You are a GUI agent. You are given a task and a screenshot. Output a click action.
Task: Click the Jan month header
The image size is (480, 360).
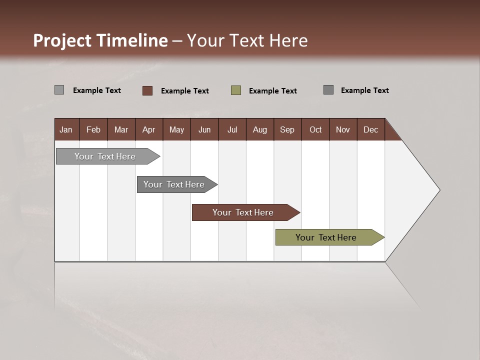tap(66, 129)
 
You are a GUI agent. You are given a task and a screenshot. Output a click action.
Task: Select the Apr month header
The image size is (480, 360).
tap(149, 129)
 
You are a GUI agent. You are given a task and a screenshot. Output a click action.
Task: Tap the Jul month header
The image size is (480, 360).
tap(232, 129)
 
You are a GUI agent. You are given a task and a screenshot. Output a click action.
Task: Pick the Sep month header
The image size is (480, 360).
tap(287, 129)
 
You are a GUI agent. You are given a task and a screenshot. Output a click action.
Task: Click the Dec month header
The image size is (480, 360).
tap(370, 129)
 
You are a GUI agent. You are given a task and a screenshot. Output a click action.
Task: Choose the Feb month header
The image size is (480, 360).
tap(93, 129)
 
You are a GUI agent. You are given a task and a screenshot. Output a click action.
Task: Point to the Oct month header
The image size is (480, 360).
tap(315, 129)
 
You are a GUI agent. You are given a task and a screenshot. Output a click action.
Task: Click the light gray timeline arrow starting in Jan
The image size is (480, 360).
tap(105, 156)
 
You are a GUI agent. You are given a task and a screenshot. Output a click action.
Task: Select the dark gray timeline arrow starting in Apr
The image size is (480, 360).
tap(174, 184)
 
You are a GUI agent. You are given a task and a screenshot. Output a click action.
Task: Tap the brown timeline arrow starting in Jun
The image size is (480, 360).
tap(243, 212)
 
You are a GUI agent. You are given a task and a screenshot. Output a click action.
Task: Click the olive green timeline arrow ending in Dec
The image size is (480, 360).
tap(326, 237)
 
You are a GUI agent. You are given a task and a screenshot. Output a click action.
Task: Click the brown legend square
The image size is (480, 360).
tap(147, 90)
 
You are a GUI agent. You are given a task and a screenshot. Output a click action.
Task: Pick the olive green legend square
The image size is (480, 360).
tap(236, 90)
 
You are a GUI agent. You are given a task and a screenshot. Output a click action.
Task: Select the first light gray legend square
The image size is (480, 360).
tap(59, 90)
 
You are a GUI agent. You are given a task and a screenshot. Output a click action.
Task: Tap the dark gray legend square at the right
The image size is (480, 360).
tap(328, 90)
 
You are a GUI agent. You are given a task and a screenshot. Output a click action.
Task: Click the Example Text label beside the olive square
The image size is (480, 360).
tap(273, 91)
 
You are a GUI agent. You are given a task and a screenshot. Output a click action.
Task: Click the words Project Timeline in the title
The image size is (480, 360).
tap(100, 40)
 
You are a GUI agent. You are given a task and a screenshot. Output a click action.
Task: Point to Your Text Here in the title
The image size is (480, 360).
tap(247, 40)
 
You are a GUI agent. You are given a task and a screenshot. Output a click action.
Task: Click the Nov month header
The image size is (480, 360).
tap(343, 129)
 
